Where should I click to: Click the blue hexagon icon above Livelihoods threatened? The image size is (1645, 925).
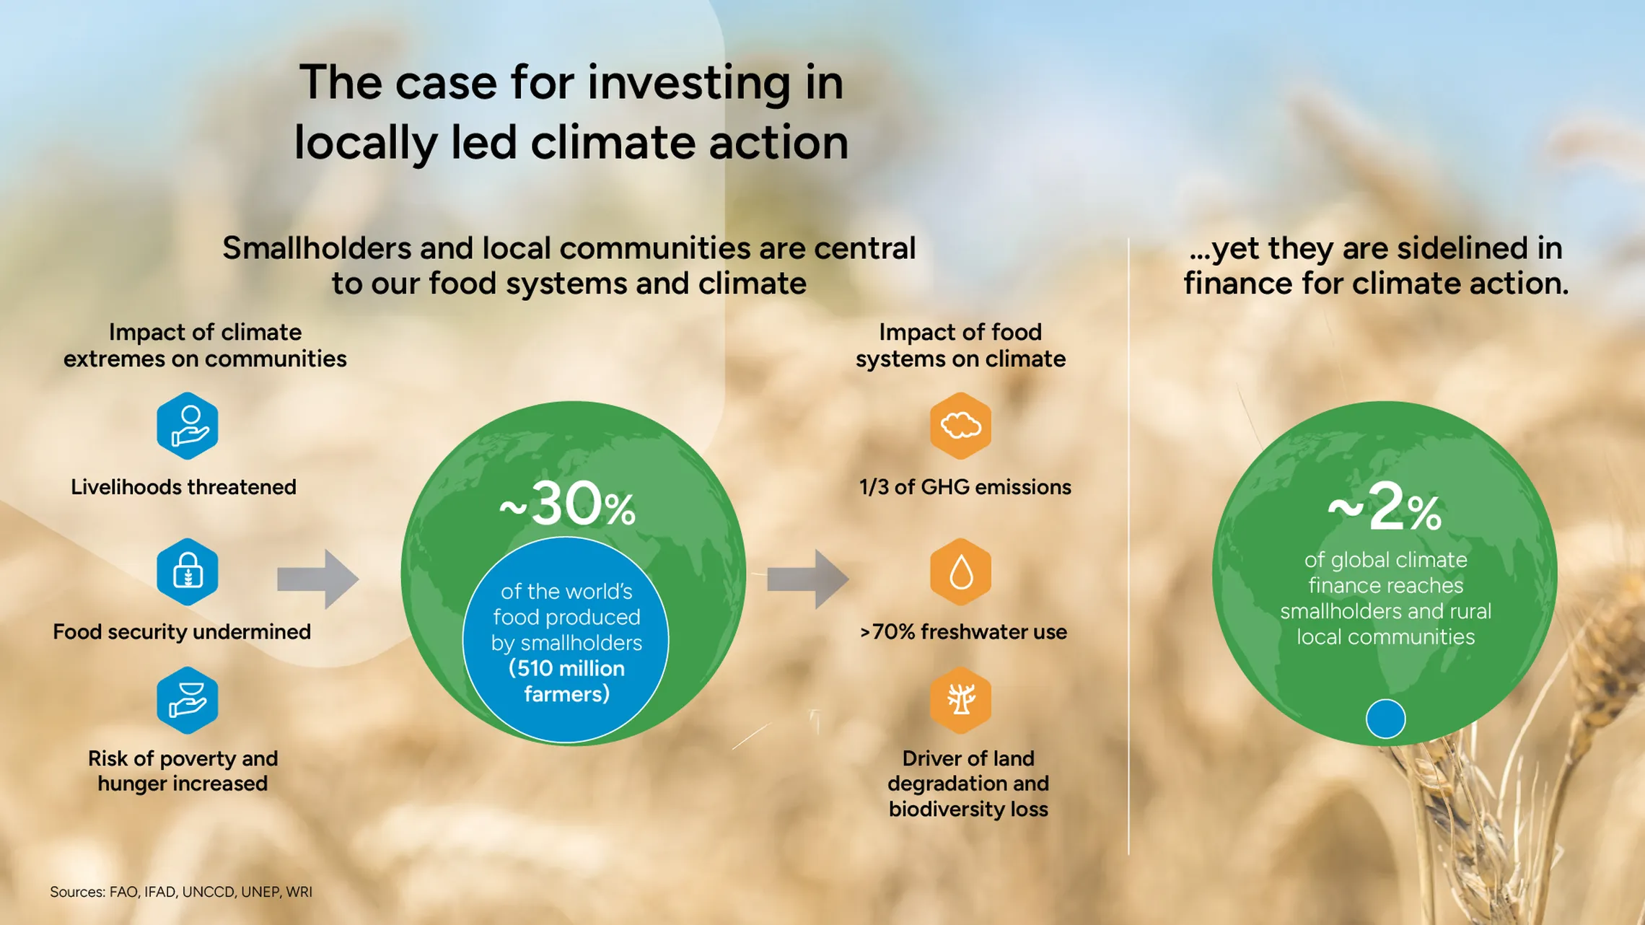tap(188, 426)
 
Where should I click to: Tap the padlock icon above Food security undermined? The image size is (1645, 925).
tap(188, 571)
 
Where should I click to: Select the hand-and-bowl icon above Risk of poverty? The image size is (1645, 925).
tap(188, 700)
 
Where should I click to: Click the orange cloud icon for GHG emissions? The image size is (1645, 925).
tap(960, 426)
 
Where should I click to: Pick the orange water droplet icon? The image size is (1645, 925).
tap(960, 571)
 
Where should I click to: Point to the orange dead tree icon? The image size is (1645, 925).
tap(960, 700)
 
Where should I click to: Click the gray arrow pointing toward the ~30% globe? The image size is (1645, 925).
tap(317, 579)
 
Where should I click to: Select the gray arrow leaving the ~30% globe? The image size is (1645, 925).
tap(807, 579)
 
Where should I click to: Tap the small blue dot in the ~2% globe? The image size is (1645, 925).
tap(1385, 719)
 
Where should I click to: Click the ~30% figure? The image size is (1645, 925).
tap(568, 504)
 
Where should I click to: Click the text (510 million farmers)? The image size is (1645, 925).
tap(567, 681)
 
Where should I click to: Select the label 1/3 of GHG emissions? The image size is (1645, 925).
tap(965, 487)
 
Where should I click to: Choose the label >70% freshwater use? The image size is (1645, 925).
tap(963, 632)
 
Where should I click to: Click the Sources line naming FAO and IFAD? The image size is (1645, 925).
tap(181, 892)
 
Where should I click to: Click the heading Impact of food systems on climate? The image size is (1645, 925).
tap(960, 346)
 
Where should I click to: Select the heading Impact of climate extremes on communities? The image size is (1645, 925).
tap(205, 346)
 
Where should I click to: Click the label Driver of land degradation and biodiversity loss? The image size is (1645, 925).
tap(968, 784)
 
